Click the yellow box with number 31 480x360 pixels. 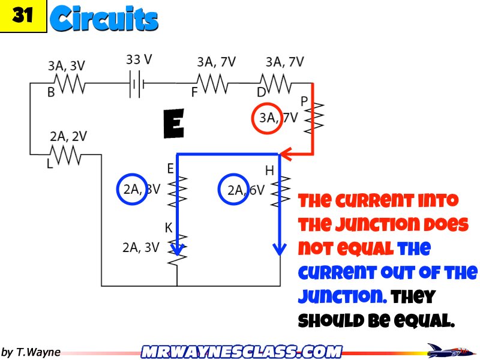tap(23, 16)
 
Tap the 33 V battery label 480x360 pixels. tap(139, 60)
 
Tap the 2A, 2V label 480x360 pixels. tap(68, 137)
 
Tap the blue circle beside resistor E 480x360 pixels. tap(131, 189)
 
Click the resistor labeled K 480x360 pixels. tap(178, 251)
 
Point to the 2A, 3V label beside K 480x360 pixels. tap(140, 247)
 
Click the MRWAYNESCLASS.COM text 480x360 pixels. tap(242, 351)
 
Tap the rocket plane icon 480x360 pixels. tap(446, 350)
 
